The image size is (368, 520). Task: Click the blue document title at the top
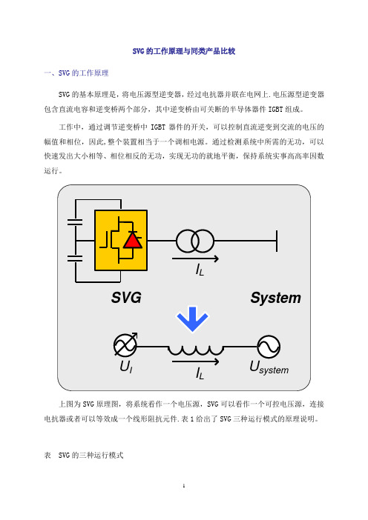pos(184,51)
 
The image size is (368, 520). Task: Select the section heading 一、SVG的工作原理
pos(76,73)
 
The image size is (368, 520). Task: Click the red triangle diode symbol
pos(133,240)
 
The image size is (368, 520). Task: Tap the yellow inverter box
pos(121,240)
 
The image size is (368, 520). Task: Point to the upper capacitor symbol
pos(75,222)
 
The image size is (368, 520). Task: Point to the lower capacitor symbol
pos(75,259)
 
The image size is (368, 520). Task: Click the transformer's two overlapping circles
pos(195,241)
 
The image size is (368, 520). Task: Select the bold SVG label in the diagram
pos(126,298)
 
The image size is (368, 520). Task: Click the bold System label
pos(276,298)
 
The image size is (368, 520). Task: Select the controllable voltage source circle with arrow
pos(125,345)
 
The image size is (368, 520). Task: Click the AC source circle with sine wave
pos(269,347)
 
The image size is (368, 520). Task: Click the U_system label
pos(269,368)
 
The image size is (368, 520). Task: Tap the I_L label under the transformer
pos(200,270)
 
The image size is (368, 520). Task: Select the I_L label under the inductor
pos(200,373)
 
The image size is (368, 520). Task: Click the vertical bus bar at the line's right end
pos(277,241)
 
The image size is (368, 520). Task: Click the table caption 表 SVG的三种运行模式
pos(84,456)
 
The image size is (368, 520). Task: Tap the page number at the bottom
pos(184,486)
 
